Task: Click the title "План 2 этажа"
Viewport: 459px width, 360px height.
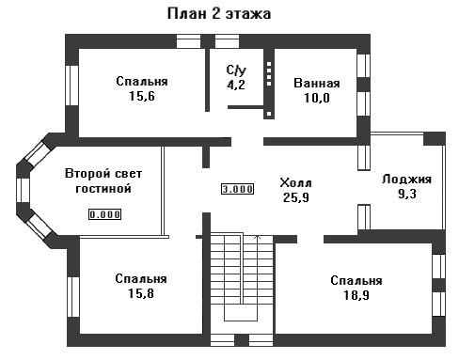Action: pos(219,14)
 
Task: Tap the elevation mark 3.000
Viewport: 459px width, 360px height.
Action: pos(237,189)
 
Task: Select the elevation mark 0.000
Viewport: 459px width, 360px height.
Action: pos(104,214)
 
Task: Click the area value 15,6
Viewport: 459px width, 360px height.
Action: pos(142,96)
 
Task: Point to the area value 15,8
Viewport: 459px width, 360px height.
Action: pos(141,293)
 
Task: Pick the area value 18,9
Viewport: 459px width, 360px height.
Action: pos(356,295)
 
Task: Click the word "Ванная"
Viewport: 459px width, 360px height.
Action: pos(317,84)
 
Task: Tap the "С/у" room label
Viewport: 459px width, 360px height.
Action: pos(236,70)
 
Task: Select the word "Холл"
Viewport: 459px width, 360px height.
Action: pos(295,182)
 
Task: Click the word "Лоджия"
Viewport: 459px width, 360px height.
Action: pos(406,180)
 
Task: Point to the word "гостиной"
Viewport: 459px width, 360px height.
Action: pos(103,189)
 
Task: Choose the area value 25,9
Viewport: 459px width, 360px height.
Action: pos(296,197)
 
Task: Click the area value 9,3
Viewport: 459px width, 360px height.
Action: pos(407,194)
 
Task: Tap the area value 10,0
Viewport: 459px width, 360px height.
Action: pos(317,98)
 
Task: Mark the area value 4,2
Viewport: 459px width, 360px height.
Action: pos(236,85)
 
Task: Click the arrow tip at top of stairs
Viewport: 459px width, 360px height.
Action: pos(257,236)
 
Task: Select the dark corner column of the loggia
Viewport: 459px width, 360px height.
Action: pos(435,139)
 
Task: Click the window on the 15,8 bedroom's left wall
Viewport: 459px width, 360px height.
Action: pos(73,297)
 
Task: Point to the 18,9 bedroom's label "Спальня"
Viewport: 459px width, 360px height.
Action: pos(356,280)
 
